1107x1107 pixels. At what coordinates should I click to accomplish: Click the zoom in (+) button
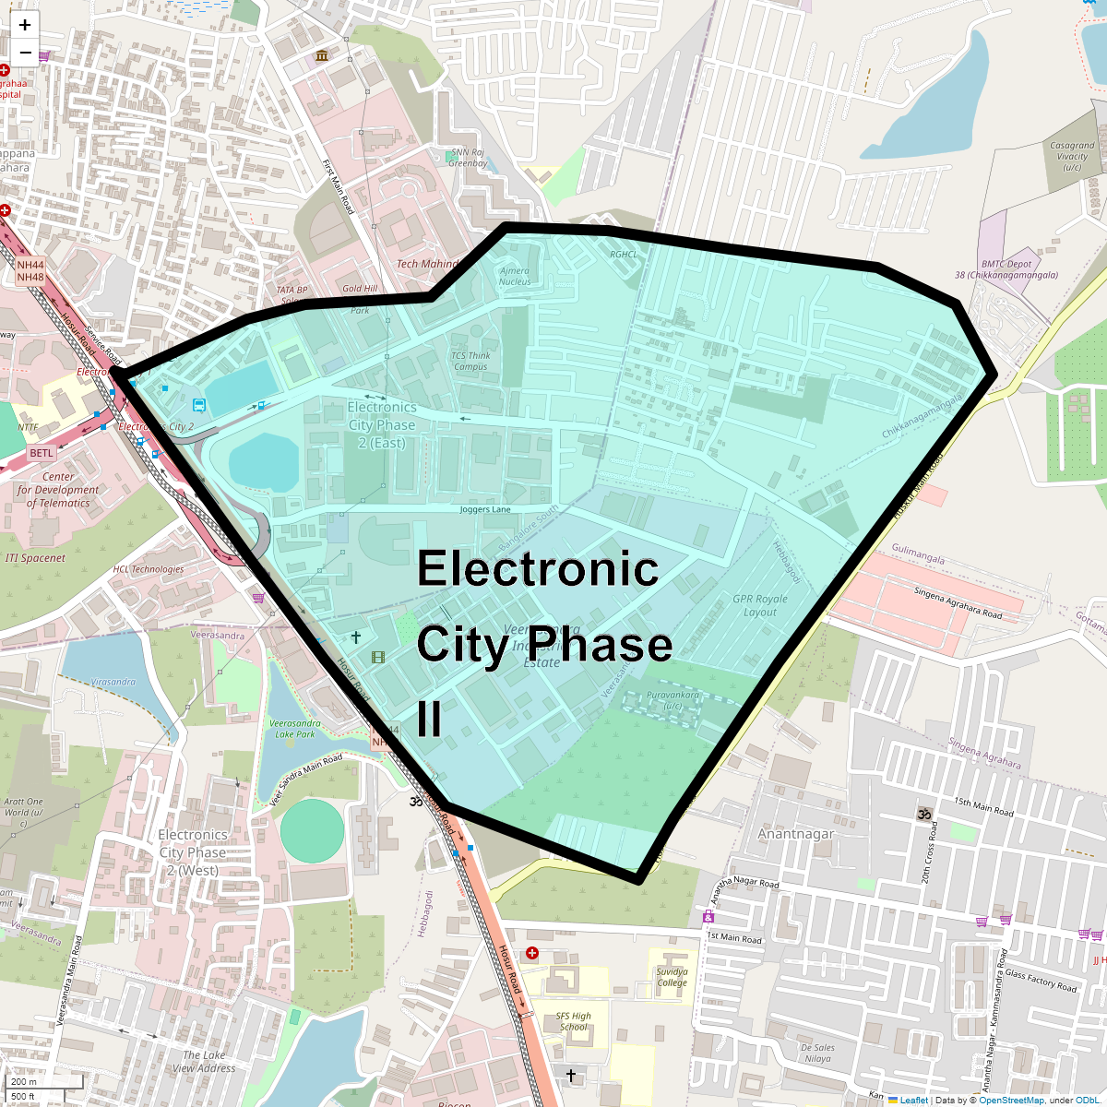click(x=25, y=25)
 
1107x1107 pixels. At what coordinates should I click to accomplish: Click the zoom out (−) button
click(x=25, y=53)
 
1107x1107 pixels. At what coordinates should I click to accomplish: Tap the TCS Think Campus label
click(x=470, y=361)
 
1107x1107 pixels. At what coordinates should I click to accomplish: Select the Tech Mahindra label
click(x=427, y=264)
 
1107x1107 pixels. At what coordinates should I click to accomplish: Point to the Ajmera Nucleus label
click(x=515, y=276)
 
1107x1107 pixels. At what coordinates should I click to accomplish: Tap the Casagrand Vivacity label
click(x=1072, y=157)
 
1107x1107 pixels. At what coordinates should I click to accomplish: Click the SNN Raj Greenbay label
click(x=467, y=158)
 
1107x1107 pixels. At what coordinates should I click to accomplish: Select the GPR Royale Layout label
click(x=760, y=605)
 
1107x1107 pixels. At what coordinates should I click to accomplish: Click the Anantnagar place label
click(x=795, y=834)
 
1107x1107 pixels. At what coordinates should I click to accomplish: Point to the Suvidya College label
click(x=672, y=977)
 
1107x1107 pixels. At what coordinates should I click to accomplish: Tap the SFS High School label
click(x=573, y=1021)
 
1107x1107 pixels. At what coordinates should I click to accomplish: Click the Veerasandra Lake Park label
click(x=295, y=729)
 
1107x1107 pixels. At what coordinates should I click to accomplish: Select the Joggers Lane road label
click(x=485, y=509)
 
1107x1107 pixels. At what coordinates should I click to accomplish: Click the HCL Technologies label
click(x=149, y=569)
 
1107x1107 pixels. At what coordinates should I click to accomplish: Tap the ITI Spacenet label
click(x=35, y=558)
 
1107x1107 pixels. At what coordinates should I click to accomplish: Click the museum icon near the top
click(x=321, y=56)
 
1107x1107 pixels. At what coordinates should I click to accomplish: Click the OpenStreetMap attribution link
click(x=1011, y=1100)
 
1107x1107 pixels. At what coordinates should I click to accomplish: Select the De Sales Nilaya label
click(x=817, y=1053)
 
